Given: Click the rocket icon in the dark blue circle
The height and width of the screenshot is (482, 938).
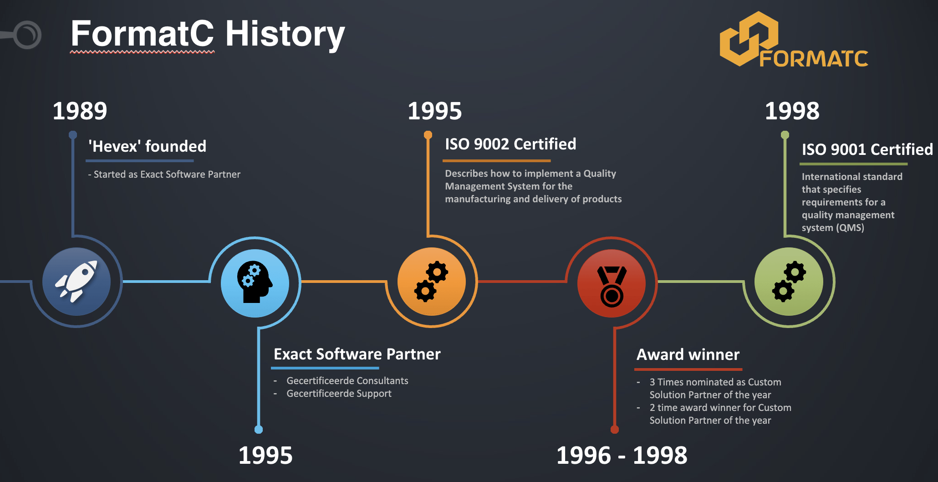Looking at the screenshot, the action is pos(76,281).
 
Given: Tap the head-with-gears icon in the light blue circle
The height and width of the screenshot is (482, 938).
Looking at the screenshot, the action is pos(255,282).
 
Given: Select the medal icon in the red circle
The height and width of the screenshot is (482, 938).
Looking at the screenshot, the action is pos(612,287).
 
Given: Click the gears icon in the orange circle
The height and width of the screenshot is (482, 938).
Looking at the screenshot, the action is pos(431,282).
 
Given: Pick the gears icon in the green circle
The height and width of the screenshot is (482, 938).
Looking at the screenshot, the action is pos(789,282).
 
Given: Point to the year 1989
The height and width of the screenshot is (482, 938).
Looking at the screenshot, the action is pos(80,111).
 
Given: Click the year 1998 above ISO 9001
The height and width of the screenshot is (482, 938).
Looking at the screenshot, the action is pos(792,111).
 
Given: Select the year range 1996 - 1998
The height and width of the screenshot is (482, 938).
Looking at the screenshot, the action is pos(622,456).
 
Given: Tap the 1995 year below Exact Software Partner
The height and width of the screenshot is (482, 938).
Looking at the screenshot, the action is pos(265,456).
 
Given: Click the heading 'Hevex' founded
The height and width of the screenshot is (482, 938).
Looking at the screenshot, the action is pos(147,146).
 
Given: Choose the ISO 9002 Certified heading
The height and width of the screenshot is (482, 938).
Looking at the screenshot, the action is pos(510,144).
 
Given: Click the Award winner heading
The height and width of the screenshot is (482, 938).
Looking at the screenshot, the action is pos(688,354).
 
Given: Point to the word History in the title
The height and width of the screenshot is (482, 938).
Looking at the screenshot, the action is pos(285,34).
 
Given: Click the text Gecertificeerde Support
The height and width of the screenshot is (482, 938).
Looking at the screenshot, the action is pos(339,394).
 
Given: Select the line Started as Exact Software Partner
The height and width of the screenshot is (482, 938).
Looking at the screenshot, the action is pos(164,174).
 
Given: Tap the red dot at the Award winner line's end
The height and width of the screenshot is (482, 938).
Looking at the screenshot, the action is pos(615,430).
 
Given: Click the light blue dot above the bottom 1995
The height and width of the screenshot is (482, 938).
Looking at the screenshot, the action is pos(259,430).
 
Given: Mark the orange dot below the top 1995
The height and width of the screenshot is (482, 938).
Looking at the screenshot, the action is pos(428,134).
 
